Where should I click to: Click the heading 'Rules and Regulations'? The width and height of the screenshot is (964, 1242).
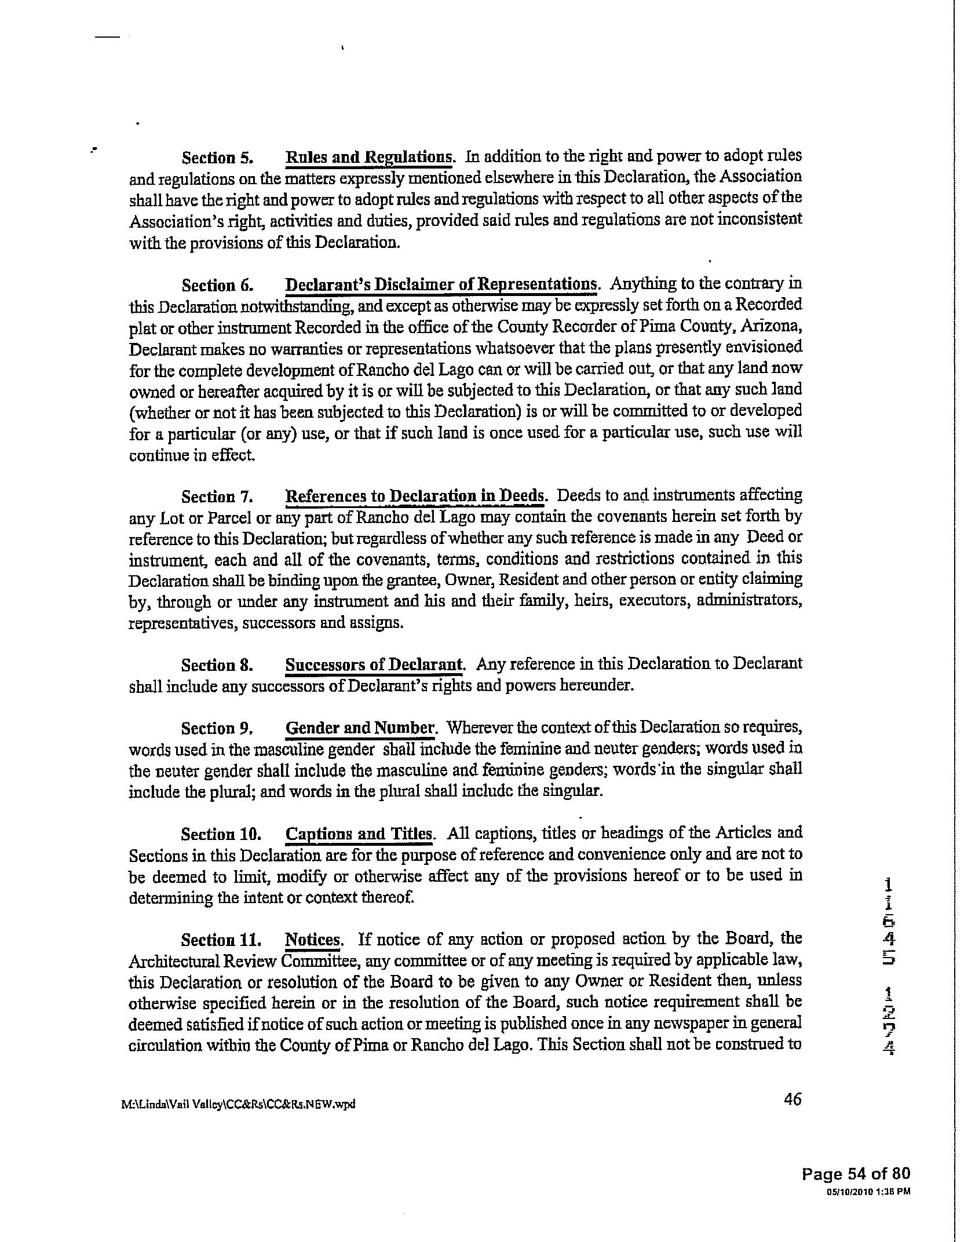coord(368,157)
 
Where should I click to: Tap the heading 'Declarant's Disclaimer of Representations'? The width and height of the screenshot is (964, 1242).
coord(441,285)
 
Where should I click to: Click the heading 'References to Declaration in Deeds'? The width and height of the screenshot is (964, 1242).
coord(415,496)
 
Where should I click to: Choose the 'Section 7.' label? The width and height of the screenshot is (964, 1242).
coord(217,496)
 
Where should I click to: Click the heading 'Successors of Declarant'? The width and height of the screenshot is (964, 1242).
coord(374,664)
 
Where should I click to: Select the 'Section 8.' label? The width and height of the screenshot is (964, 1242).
coord(217,665)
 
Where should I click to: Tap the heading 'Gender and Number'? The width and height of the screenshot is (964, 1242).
coord(359,728)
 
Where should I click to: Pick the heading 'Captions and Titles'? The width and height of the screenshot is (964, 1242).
coord(359,834)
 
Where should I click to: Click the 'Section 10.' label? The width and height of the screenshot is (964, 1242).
coord(221,834)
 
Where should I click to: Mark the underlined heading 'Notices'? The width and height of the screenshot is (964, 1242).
coord(313,939)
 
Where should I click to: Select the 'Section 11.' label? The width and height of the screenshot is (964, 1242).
coord(221,939)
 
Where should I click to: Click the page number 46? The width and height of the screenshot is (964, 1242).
coord(792,1099)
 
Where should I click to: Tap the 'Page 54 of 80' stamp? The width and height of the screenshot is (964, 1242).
coord(856,1174)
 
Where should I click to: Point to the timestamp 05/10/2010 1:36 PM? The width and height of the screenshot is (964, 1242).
coord(868,1192)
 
